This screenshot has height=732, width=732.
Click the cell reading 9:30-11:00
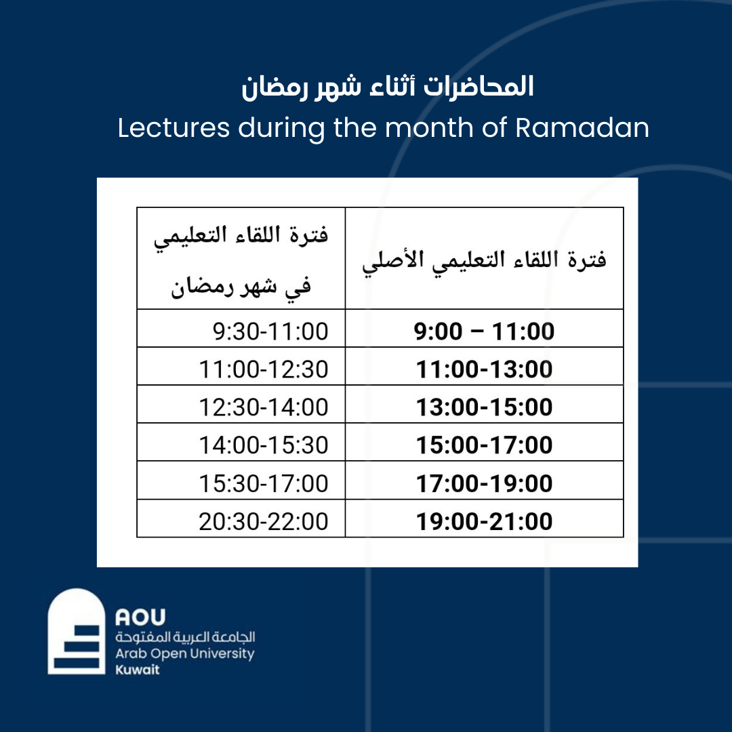(x=241, y=328)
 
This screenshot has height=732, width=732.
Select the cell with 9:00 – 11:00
(x=484, y=328)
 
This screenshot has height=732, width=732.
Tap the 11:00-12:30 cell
(x=241, y=367)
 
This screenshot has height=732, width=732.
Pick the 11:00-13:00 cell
(x=484, y=367)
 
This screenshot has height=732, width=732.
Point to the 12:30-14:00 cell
(x=241, y=404)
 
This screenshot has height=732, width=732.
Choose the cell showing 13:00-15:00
(x=484, y=404)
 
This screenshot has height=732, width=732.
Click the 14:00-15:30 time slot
(x=241, y=442)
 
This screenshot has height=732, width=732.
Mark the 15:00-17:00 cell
(x=484, y=442)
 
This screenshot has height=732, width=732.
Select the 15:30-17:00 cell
(x=241, y=481)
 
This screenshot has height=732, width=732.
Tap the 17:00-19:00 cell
(x=484, y=481)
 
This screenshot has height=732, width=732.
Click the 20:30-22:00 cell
(x=241, y=518)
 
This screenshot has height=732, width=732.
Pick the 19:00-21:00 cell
(x=484, y=518)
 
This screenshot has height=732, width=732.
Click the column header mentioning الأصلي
(x=484, y=258)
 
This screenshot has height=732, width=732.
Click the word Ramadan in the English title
(x=582, y=127)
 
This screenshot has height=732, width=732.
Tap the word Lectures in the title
(x=174, y=127)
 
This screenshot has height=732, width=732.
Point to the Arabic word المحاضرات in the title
(x=479, y=87)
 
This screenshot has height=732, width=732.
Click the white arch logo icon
(x=77, y=631)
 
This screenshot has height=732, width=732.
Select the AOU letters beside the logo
(x=140, y=617)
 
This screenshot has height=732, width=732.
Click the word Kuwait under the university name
(x=137, y=670)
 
